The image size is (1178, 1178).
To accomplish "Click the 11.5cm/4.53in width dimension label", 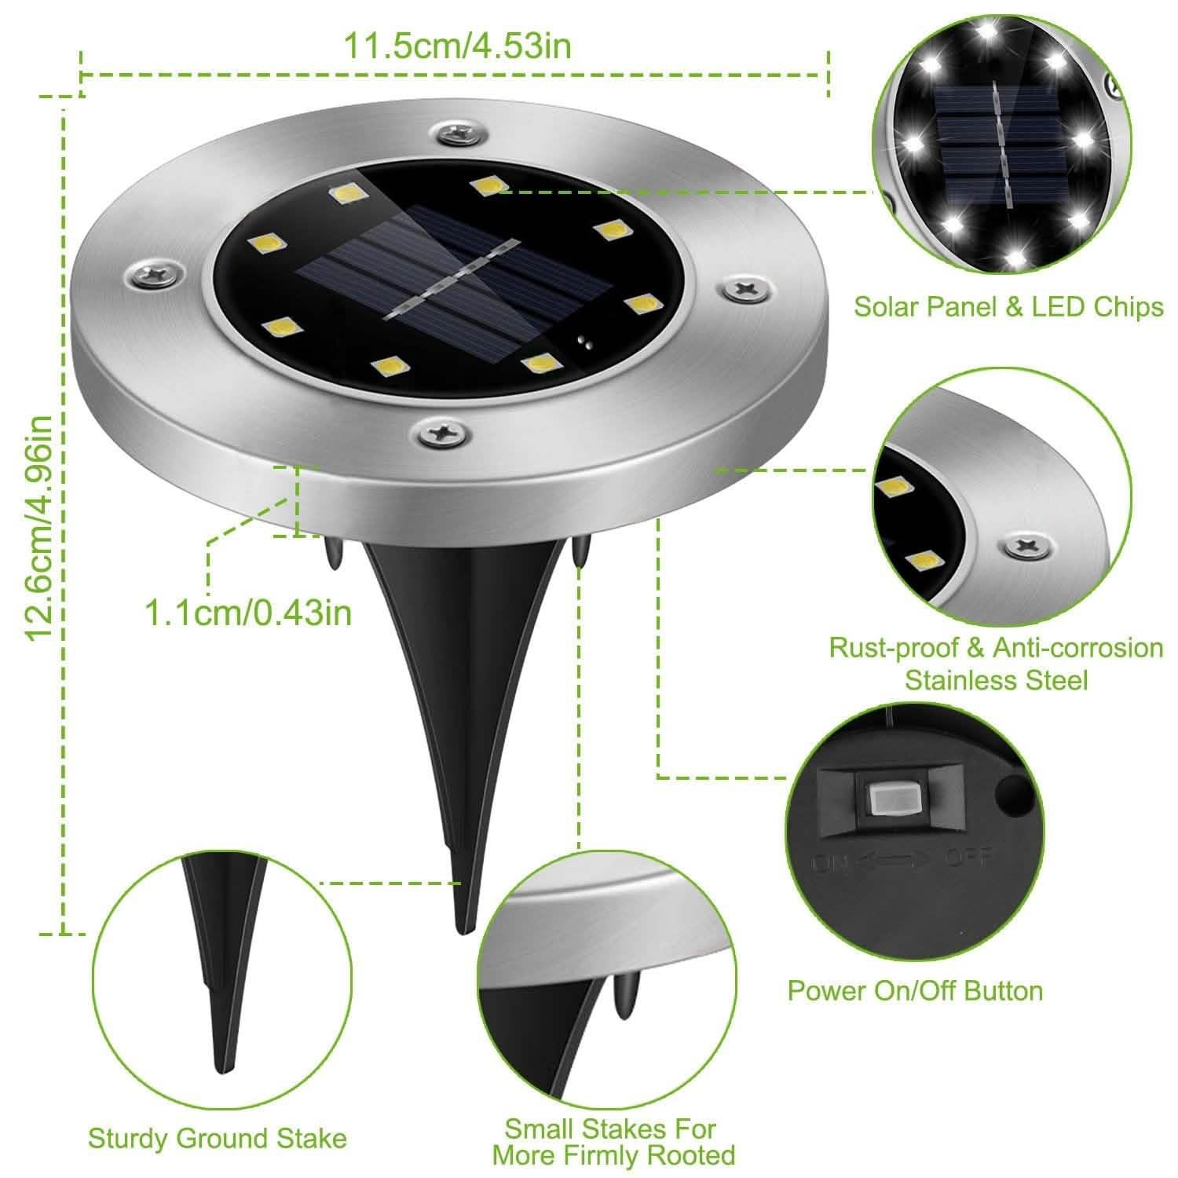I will (x=456, y=46).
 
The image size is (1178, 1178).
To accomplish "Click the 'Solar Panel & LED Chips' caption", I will (x=1008, y=306).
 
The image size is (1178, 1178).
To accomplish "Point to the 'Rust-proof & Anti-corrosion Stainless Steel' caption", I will (x=996, y=664).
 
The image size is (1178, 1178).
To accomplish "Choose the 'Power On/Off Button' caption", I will (x=915, y=990).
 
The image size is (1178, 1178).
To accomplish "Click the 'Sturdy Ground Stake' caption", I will (x=217, y=1138).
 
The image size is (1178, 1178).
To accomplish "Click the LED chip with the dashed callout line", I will (x=486, y=185).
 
